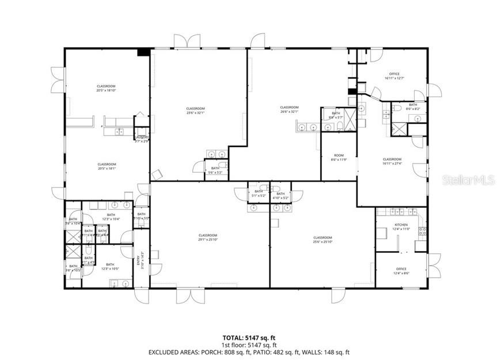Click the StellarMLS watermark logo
coord(468,180)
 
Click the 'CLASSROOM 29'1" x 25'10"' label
coord(208,238)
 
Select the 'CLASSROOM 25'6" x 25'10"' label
coord(323,240)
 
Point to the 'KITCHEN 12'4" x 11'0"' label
coord(401,227)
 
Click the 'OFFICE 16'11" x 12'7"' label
coord(394,76)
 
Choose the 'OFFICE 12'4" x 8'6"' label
coord(401,271)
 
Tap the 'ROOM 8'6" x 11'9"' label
coord(339,158)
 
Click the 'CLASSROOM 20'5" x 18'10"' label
coord(107,89)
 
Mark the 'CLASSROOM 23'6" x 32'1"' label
coord(195,111)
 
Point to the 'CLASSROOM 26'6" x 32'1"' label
coord(289,109)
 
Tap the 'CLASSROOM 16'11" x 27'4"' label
coord(392,161)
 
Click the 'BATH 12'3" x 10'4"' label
coord(111,217)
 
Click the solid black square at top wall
coord(143,52)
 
